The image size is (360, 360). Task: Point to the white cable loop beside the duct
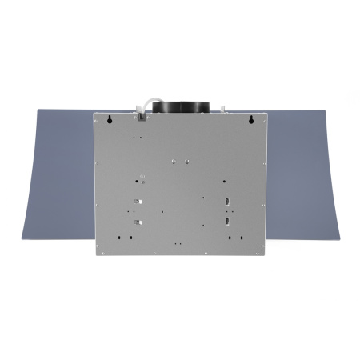tap(145, 106)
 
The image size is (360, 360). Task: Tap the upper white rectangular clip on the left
tap(138, 201)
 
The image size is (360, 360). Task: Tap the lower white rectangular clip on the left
tap(138, 221)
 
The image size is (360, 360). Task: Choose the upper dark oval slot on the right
tap(227, 201)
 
